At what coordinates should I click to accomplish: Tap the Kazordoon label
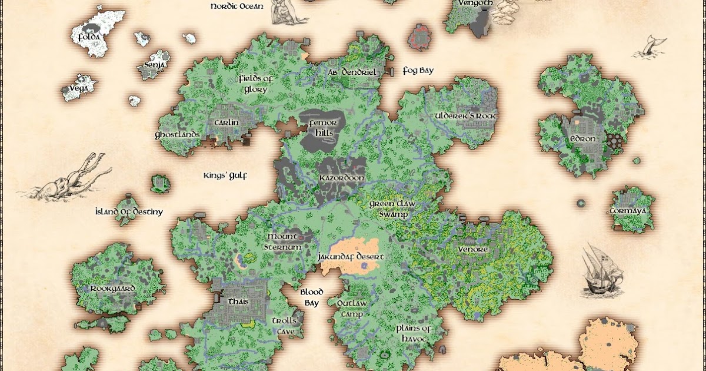coord(342,178)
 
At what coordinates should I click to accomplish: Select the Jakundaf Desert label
coord(351,257)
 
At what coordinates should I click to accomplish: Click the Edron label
coord(584,140)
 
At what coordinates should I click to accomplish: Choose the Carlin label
coord(227,122)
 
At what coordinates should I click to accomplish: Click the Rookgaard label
coord(113,289)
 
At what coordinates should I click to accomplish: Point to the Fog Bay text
coord(418,71)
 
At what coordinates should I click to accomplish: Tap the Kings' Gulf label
coord(225,175)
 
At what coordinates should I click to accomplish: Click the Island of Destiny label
coord(129,211)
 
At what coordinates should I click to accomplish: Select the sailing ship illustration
coord(601,270)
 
